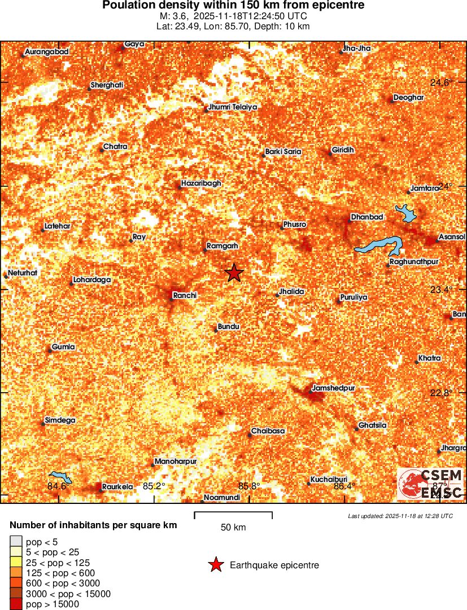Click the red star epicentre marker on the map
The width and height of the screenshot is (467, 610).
(234, 273)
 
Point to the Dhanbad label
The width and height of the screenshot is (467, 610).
(367, 217)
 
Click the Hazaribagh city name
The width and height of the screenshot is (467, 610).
(201, 183)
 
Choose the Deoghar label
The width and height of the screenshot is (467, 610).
(408, 98)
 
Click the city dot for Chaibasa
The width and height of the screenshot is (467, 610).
(250, 435)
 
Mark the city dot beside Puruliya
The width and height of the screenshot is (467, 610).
(339, 301)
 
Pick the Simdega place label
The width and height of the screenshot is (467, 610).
(60, 420)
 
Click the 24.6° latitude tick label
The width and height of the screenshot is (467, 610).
(442, 82)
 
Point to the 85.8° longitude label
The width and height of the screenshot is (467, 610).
(249, 486)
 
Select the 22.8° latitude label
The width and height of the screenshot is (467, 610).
(442, 393)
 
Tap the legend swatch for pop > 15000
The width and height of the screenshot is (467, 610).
(16, 604)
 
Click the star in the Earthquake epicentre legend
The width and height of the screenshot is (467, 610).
(215, 565)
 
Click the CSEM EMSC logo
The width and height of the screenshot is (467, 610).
(430, 484)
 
